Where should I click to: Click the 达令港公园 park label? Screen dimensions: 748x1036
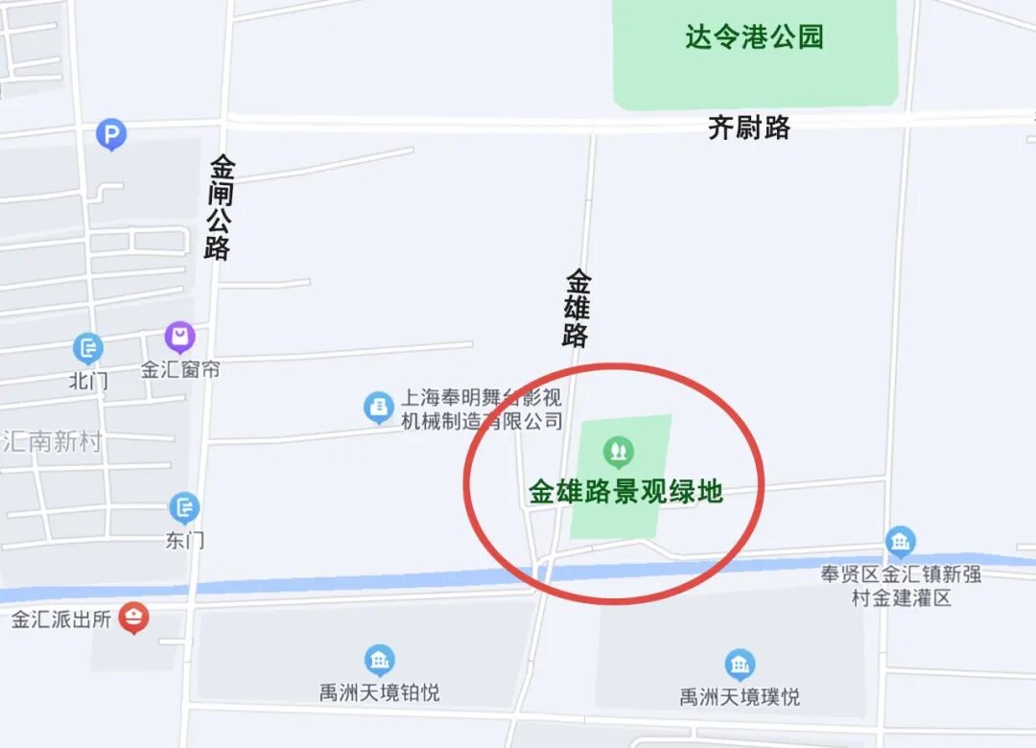(x=754, y=37)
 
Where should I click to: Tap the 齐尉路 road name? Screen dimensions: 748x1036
(x=749, y=128)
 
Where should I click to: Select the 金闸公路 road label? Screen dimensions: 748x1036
(x=220, y=207)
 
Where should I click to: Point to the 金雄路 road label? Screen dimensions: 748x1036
(x=577, y=308)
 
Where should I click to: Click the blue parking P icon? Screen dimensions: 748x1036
(x=111, y=135)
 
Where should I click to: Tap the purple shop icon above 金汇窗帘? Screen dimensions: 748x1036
(x=179, y=338)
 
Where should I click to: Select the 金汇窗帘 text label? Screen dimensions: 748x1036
(x=180, y=369)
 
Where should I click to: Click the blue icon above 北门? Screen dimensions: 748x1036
(x=88, y=348)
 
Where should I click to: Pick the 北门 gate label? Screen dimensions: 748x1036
(x=88, y=381)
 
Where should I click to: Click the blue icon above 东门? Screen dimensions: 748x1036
(x=184, y=508)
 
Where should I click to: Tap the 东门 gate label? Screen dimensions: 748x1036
(x=184, y=540)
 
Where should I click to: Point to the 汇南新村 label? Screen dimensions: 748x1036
(x=52, y=442)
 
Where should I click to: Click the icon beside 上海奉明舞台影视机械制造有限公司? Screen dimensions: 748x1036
(x=379, y=408)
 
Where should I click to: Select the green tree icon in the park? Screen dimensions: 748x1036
(x=618, y=450)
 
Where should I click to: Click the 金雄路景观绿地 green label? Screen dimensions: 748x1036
(x=625, y=492)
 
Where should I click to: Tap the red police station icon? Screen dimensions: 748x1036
(x=133, y=619)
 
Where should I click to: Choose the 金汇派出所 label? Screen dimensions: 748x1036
(x=61, y=619)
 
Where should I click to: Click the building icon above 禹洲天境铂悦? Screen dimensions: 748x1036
(x=380, y=660)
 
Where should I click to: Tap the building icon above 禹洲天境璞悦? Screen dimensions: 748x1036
(x=739, y=665)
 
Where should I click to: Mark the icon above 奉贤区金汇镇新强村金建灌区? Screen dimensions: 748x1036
(x=900, y=543)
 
